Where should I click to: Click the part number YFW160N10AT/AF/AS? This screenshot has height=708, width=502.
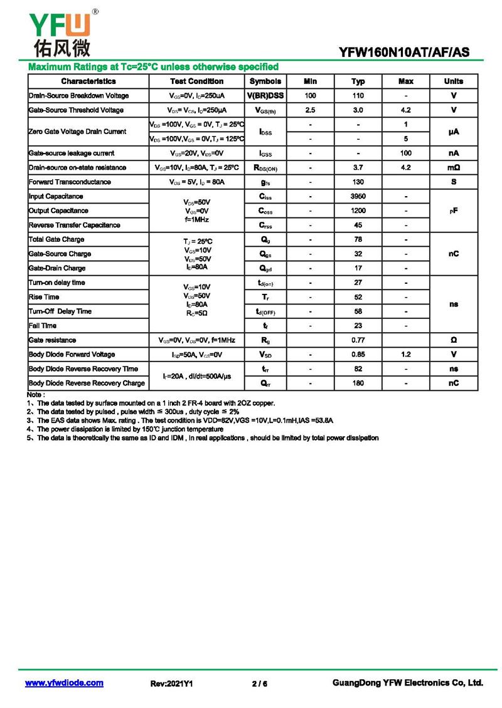(404, 53)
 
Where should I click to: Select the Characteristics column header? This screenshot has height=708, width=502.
(88, 81)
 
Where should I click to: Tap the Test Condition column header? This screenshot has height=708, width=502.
(196, 81)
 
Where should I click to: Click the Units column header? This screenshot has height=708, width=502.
(453, 81)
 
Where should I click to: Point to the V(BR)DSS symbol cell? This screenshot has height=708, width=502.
(265, 96)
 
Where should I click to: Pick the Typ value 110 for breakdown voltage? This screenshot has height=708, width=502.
(358, 96)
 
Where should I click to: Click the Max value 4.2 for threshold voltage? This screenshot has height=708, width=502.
(405, 110)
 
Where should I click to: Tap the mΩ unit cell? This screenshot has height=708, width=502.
(453, 167)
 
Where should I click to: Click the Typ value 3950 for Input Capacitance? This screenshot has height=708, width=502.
(358, 196)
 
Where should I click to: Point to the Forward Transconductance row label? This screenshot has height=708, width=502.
(70, 182)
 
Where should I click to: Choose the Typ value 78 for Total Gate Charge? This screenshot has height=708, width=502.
(358, 239)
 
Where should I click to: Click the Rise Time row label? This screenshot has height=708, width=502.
(44, 297)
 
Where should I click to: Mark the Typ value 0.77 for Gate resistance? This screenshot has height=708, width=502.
(358, 340)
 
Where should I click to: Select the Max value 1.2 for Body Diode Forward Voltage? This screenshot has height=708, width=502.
(405, 355)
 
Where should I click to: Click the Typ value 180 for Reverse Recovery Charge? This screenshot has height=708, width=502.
(358, 383)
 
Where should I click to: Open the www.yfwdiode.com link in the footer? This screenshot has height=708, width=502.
(64, 683)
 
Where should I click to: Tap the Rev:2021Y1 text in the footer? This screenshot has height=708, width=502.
(172, 684)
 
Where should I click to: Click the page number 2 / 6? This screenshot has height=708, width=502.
(259, 684)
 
